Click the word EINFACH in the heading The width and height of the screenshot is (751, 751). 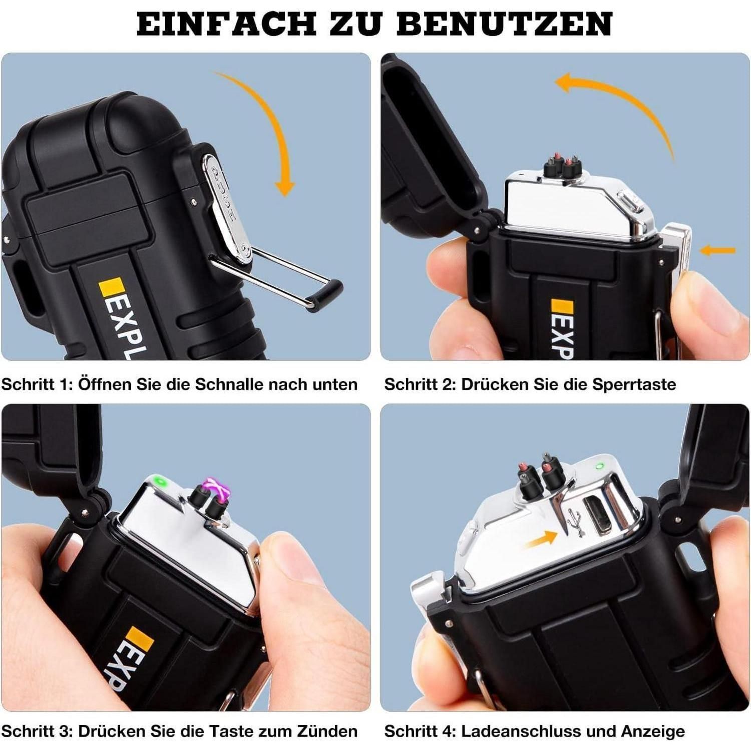[x=226, y=24]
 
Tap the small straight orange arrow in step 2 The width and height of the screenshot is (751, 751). [x=718, y=250]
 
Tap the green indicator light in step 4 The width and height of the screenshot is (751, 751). [x=598, y=467]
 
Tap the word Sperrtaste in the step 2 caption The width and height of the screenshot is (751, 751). [x=634, y=385]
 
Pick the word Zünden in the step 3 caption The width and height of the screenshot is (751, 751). [x=327, y=731]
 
